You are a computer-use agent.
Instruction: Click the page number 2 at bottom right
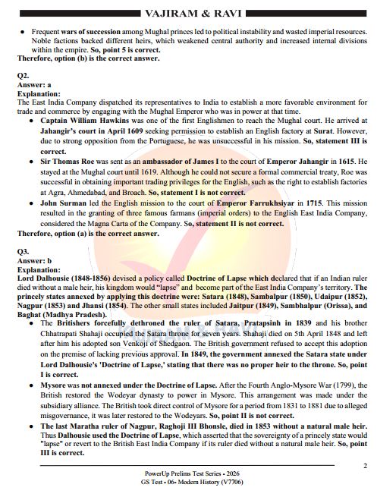pos(365,466)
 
